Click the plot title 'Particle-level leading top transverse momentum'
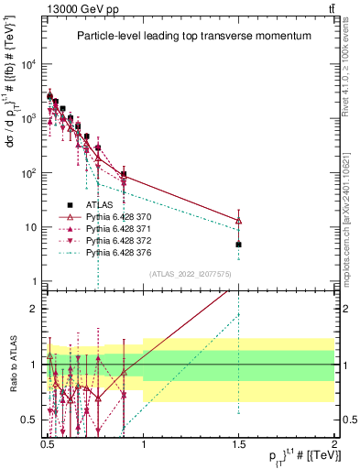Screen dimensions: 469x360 tap(193, 36)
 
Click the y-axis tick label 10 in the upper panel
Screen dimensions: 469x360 tap(31, 227)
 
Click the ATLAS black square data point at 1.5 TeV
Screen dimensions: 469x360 tap(238, 245)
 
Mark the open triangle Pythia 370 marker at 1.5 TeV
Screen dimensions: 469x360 tap(238, 221)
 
